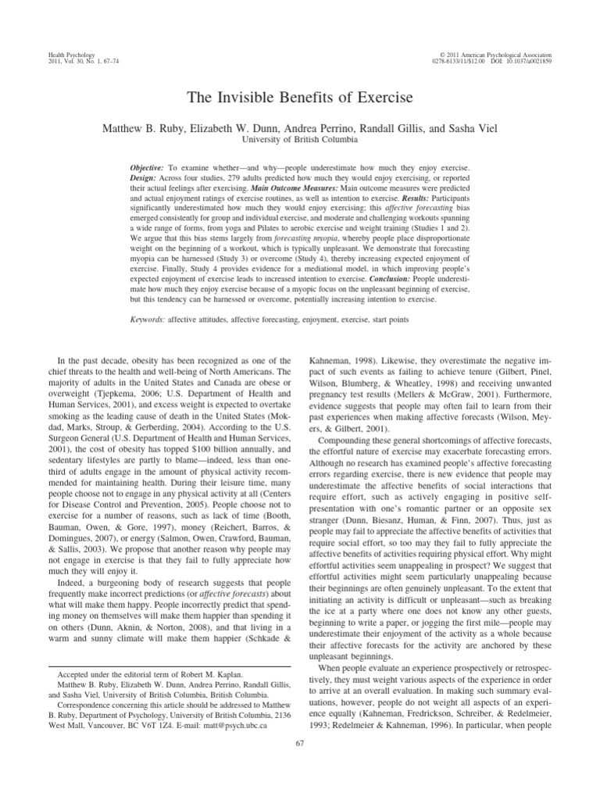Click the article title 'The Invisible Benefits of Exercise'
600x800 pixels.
coord(299,99)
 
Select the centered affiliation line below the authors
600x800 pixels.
coord(299,140)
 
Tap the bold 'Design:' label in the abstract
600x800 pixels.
coord(147,179)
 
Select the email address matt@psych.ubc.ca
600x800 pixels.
coord(242,724)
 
